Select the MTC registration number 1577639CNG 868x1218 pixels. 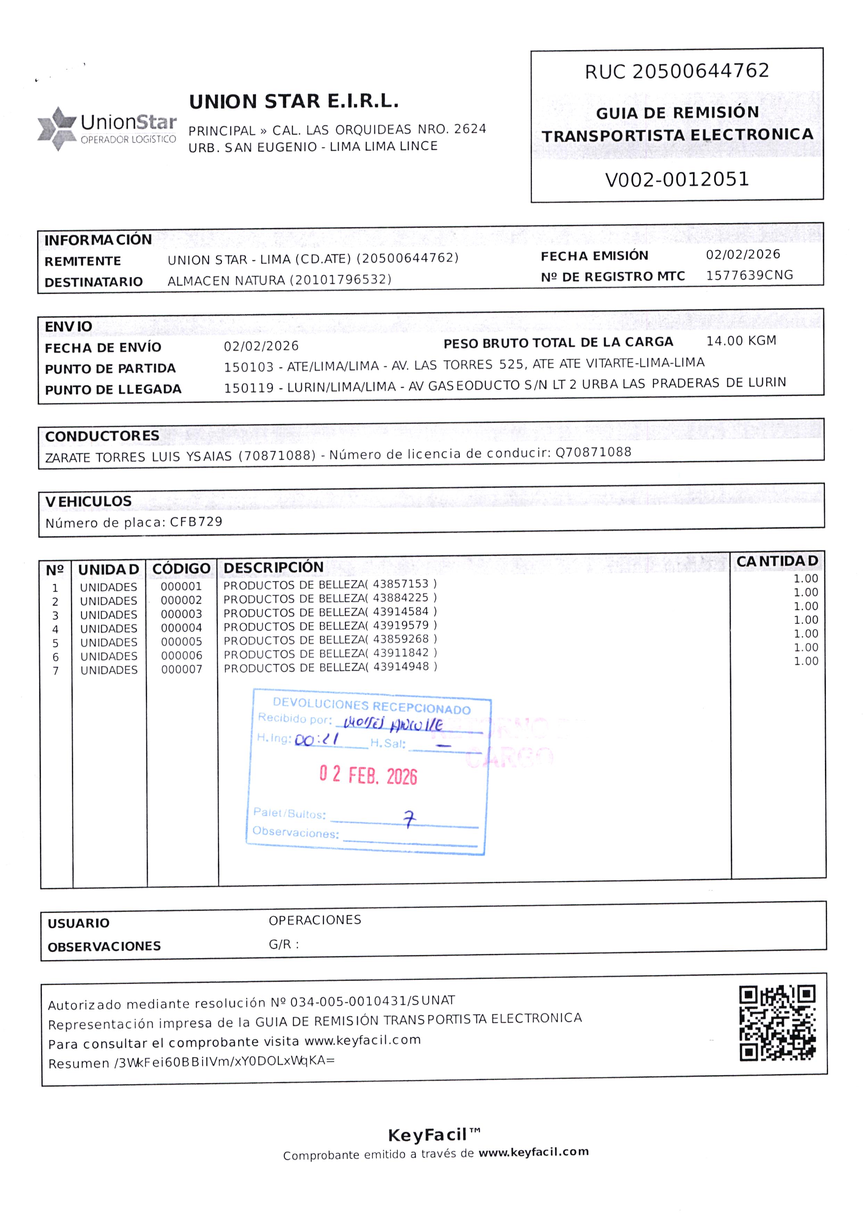(x=749, y=275)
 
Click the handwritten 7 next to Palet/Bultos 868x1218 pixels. (x=409, y=819)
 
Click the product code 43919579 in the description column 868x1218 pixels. (x=400, y=625)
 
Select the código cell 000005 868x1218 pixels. (x=182, y=641)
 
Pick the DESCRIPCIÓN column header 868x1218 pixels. (x=273, y=567)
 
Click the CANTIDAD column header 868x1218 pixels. (x=777, y=561)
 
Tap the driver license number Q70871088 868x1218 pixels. (x=593, y=452)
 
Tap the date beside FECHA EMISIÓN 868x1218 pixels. (x=743, y=254)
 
